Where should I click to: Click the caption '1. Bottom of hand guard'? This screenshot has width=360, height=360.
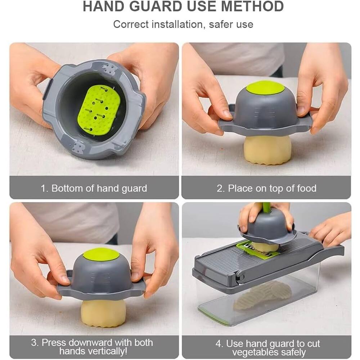point(94,188)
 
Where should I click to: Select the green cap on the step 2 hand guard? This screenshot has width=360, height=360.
point(265,87)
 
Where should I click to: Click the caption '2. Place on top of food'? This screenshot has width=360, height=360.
point(266,188)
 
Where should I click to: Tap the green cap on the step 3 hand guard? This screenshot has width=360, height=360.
point(101,254)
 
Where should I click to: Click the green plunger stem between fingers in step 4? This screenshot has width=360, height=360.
point(266,207)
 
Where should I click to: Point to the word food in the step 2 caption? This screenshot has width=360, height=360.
point(306,188)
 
